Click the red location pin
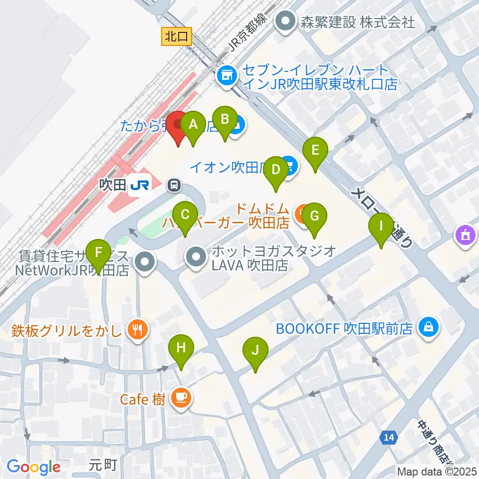(x=177, y=127)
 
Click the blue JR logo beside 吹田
(x=139, y=186)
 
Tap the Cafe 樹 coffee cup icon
(x=180, y=398)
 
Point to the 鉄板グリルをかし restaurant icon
(x=137, y=329)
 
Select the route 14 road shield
(x=389, y=438)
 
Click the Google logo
(x=33, y=467)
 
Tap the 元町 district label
(x=104, y=465)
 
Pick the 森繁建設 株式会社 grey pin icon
(x=286, y=22)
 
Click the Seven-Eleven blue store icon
(x=227, y=76)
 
